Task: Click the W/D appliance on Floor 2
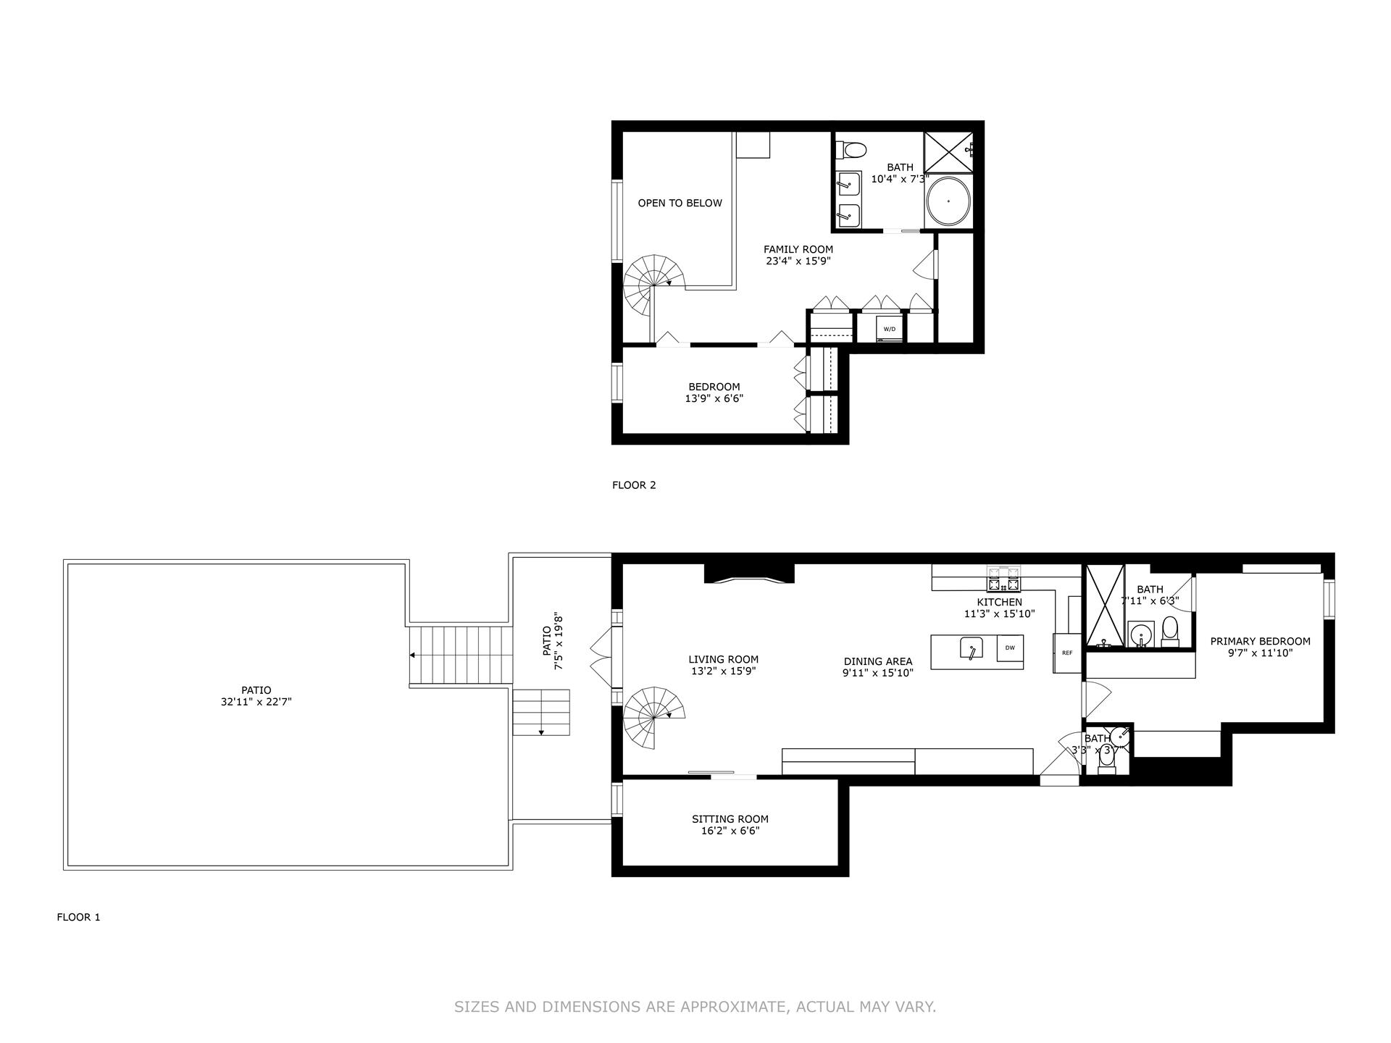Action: (890, 329)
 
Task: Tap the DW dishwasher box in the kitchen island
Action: (1010, 648)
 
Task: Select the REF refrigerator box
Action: (1066, 653)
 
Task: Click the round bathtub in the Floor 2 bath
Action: (948, 201)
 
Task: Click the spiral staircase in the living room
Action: (653, 717)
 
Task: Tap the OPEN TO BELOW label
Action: (680, 203)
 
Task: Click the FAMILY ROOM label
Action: (798, 249)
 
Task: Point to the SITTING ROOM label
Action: (730, 819)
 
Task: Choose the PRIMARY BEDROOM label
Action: (1260, 641)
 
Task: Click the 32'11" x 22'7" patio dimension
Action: (256, 702)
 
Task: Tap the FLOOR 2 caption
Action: (634, 485)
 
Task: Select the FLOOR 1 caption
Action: (78, 917)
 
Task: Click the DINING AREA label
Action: (877, 661)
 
